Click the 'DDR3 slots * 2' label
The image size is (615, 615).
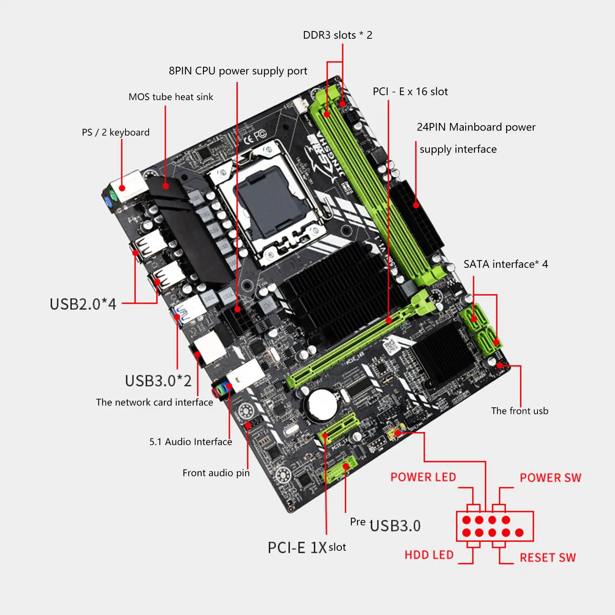click(x=337, y=35)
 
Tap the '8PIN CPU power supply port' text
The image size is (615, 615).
click(x=238, y=71)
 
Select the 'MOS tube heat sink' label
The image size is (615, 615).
click(x=171, y=97)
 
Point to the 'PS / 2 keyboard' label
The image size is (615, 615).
click(x=115, y=132)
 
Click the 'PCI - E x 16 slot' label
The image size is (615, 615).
click(x=410, y=92)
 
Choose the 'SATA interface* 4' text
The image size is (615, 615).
click(x=505, y=264)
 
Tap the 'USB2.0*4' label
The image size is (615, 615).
click(x=83, y=304)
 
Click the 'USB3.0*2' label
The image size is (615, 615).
click(x=158, y=381)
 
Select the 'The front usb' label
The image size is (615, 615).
click(x=519, y=411)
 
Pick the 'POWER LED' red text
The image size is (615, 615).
click(x=423, y=477)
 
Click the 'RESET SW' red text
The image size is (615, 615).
click(x=547, y=557)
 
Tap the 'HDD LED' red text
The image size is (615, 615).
click(x=429, y=555)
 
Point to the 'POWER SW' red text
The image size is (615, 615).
click(x=550, y=478)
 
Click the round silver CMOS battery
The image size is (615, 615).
click(x=323, y=404)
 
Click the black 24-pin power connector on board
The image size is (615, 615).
click(x=416, y=217)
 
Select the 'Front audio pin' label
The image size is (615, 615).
click(x=216, y=473)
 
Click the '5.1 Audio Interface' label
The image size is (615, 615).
click(x=191, y=442)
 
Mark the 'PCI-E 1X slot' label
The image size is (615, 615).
click(x=306, y=547)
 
